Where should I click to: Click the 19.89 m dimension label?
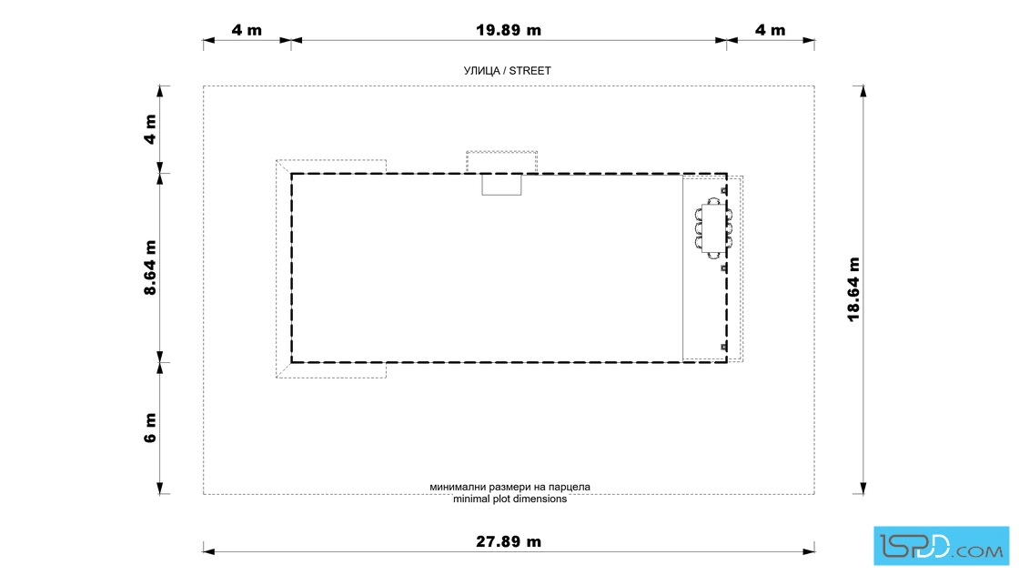(509, 30)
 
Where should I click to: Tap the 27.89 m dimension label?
(509, 541)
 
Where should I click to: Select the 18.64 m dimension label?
(853, 289)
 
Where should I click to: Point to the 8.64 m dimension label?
(150, 267)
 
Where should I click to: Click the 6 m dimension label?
(150, 429)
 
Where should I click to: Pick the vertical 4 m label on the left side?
(150, 129)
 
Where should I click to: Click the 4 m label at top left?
(247, 30)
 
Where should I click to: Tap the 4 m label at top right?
(770, 30)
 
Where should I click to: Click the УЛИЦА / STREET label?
(508, 71)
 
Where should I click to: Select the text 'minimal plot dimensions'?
(510, 499)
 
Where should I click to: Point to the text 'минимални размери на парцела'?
(510, 487)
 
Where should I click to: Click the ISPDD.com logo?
(941, 546)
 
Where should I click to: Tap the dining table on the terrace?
(713, 227)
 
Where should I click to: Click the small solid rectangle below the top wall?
(501, 185)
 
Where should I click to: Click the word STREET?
(530, 71)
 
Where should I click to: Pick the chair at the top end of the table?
(713, 201)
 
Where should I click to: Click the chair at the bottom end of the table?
(713, 254)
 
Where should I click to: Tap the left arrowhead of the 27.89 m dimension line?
(208, 551)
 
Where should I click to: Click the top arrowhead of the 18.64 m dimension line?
(863, 91)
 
